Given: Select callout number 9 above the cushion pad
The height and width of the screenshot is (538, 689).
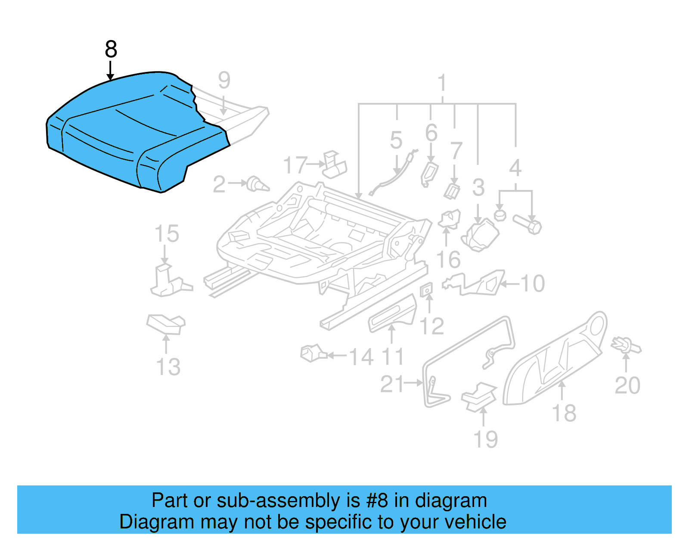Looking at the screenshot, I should pyautogui.click(x=224, y=81).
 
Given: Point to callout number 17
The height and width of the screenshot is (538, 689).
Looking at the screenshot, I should pyautogui.click(x=295, y=165).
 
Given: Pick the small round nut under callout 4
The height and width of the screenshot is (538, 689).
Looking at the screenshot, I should pyautogui.click(x=500, y=214).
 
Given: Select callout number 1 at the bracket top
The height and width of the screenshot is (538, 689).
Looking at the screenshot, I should pyautogui.click(x=442, y=83).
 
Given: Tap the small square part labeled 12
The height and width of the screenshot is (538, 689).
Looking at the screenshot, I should pyautogui.click(x=426, y=291).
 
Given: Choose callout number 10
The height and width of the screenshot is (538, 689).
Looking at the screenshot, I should pyautogui.click(x=533, y=284).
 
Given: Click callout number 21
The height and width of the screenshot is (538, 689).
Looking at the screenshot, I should pyautogui.click(x=392, y=384).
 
